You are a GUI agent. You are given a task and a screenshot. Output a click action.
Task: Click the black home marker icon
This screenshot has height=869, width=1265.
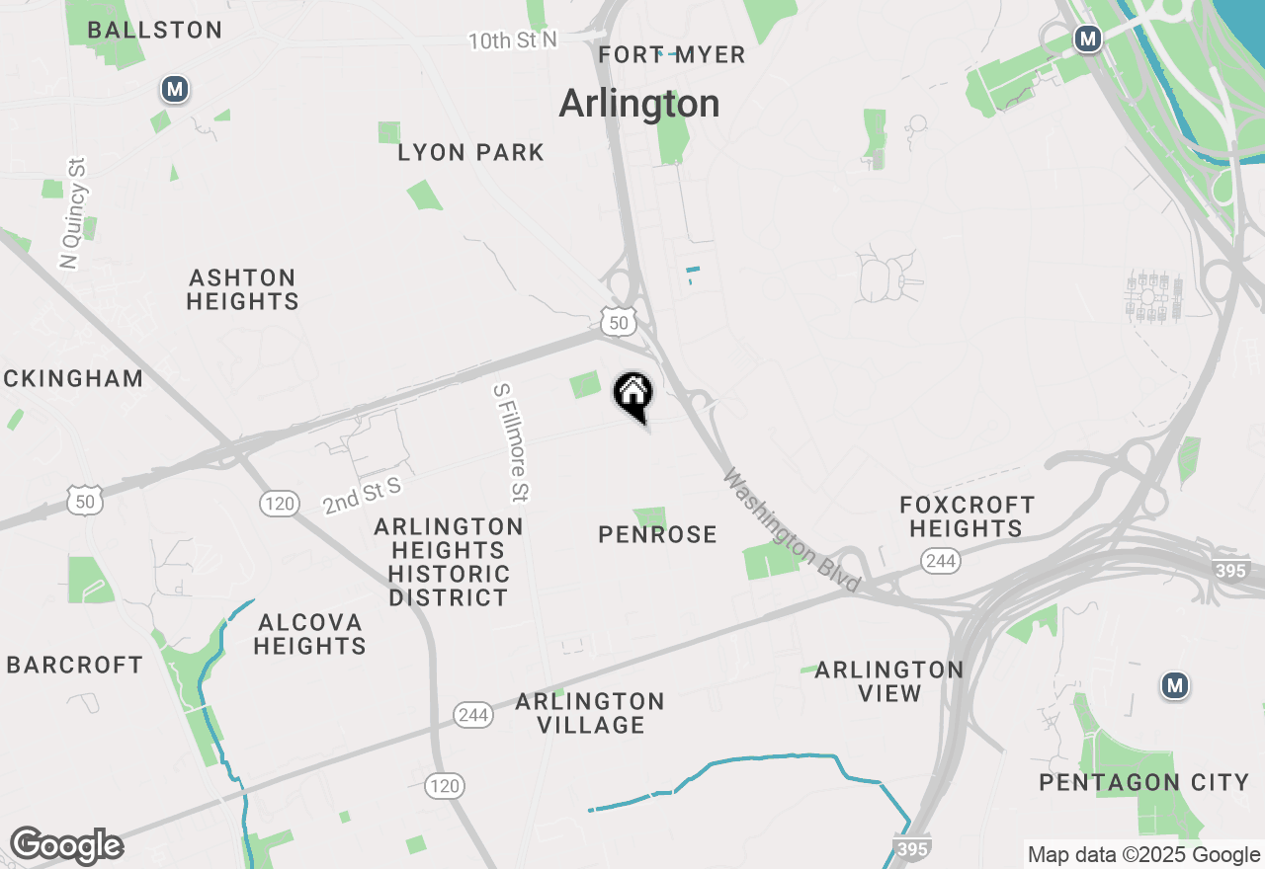click(633, 395)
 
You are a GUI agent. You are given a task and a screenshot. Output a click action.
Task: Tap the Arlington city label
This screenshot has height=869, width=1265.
click(639, 104)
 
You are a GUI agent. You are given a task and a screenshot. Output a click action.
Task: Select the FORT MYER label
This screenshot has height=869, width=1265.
click(672, 55)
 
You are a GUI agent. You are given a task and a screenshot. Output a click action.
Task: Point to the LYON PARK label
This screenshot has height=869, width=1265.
click(470, 152)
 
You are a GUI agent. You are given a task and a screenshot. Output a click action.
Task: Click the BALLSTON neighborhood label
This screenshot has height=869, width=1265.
click(155, 31)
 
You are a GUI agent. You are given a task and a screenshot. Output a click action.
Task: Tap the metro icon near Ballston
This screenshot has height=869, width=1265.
click(175, 90)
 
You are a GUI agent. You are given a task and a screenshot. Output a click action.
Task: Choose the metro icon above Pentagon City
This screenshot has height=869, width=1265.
click(1174, 685)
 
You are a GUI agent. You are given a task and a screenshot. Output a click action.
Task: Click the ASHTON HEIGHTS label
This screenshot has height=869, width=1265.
click(242, 289)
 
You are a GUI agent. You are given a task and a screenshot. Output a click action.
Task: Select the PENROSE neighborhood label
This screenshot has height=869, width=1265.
click(657, 534)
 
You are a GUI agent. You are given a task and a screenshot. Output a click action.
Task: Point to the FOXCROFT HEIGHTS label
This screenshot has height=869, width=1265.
click(967, 516)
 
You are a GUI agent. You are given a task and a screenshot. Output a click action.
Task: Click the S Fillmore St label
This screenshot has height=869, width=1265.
click(512, 442)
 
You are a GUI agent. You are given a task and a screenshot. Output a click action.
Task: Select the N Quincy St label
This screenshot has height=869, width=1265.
click(73, 212)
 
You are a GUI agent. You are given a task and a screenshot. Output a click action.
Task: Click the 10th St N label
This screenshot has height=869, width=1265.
click(513, 40)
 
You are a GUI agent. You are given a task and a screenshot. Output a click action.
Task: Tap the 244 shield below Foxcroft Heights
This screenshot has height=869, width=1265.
click(940, 561)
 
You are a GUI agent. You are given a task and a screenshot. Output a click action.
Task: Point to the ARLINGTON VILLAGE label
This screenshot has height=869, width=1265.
click(590, 713)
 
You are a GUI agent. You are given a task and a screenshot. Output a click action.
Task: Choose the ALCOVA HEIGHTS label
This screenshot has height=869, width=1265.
click(309, 634)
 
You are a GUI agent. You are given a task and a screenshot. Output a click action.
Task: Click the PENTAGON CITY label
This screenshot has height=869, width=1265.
click(1144, 782)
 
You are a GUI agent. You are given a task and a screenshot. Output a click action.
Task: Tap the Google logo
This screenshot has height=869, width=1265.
click(66, 846)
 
